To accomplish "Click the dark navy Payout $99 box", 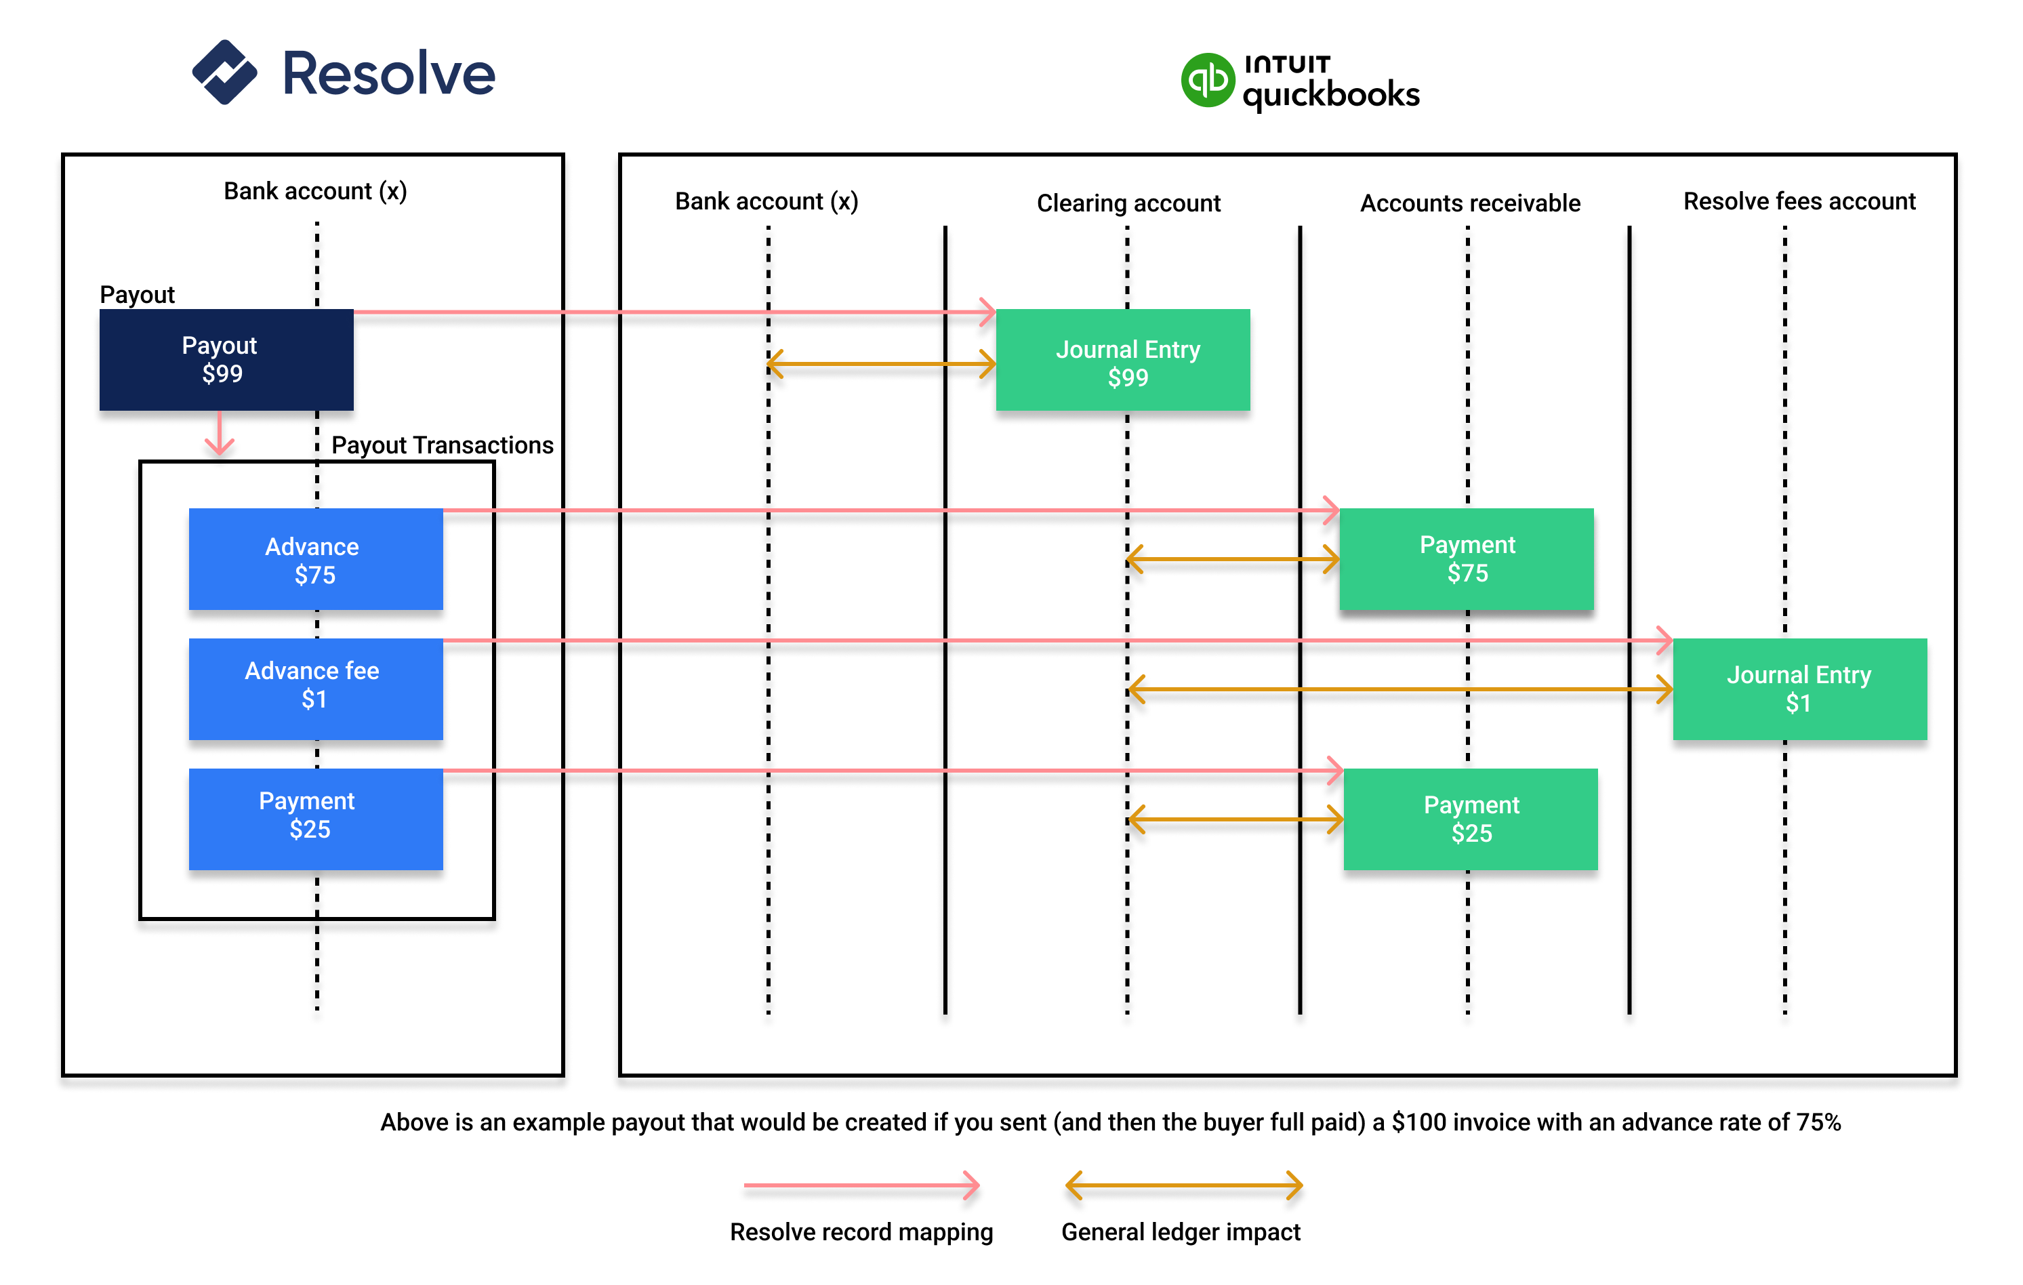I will click(226, 359).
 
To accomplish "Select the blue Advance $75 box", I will click(315, 559).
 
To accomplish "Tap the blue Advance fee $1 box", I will click(315, 689).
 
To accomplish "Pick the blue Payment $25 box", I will click(315, 819).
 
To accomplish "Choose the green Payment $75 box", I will click(1466, 559).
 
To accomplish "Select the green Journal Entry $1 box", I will click(1799, 689).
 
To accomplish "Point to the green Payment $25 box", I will click(1470, 819).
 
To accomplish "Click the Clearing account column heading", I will click(1128, 203).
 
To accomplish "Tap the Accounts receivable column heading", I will click(1469, 203).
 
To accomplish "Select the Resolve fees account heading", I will click(1799, 201).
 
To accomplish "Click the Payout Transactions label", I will click(442, 445).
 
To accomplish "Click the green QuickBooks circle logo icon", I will click(1206, 81).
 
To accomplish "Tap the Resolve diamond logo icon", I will click(224, 73).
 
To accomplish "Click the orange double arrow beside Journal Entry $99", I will click(881, 365).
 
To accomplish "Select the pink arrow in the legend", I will click(861, 1185).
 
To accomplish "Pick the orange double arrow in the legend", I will click(1183, 1186).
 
